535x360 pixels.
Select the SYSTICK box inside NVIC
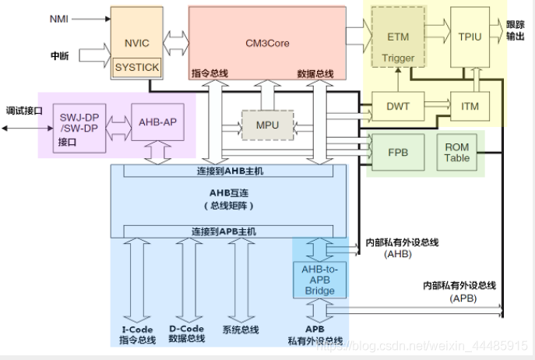(x=136, y=67)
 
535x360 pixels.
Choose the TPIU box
(x=470, y=36)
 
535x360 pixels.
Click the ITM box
(x=470, y=105)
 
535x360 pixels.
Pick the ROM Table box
(x=457, y=152)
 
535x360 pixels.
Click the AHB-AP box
(x=158, y=122)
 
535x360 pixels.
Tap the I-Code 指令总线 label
(x=136, y=333)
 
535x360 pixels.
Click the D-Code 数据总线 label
(x=187, y=333)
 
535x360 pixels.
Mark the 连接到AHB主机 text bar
(x=224, y=171)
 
